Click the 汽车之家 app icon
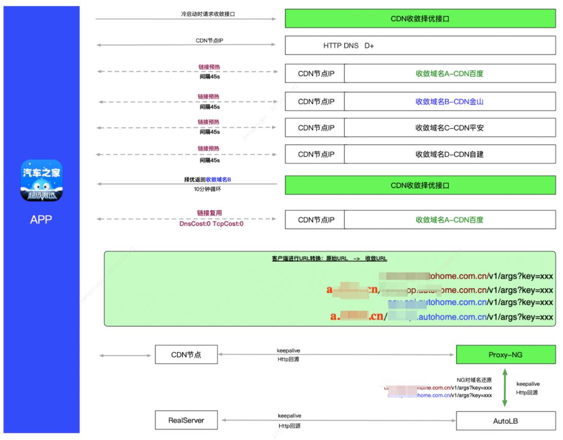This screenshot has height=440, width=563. click(41, 180)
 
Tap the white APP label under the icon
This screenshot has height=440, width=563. click(41, 220)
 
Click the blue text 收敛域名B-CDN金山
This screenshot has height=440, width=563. click(449, 102)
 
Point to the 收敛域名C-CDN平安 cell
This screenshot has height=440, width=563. click(449, 128)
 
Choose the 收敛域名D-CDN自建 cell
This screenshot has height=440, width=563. click(449, 155)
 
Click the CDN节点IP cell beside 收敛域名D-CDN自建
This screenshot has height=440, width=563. click(316, 155)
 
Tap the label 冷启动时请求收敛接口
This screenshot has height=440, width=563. click(208, 14)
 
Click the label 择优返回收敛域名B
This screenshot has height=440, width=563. click(208, 179)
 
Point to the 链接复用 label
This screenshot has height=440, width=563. click(210, 213)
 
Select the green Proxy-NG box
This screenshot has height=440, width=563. click(505, 355)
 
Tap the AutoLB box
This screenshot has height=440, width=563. click(505, 421)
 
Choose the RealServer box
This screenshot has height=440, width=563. click(186, 420)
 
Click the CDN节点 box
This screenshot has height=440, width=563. click(186, 355)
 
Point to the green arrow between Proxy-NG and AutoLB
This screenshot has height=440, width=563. click(505, 387)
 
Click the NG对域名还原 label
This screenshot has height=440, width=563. click(474, 380)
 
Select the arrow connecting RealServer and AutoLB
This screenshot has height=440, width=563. click(338, 421)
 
